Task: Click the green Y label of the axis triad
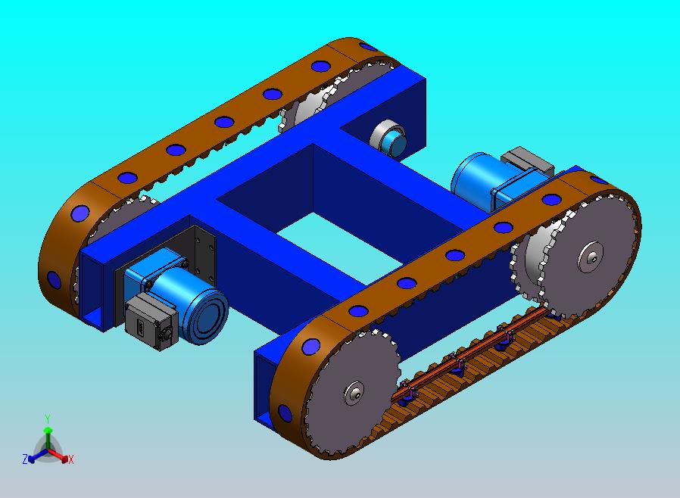click(x=48, y=419)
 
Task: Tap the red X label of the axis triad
click(x=71, y=459)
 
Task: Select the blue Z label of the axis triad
click(x=25, y=459)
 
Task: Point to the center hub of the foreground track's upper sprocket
click(x=591, y=257)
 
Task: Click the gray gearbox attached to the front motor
click(x=150, y=321)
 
